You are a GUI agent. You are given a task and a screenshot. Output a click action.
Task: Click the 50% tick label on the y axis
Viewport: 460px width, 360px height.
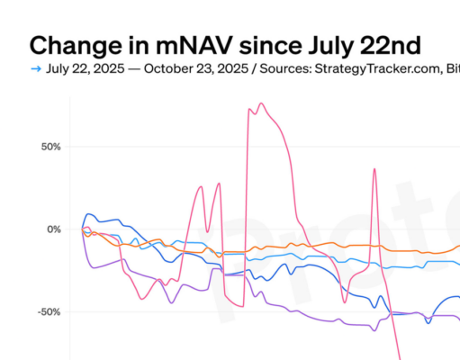coord(47,147)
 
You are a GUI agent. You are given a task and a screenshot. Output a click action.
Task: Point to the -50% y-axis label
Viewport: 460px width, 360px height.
coord(45,312)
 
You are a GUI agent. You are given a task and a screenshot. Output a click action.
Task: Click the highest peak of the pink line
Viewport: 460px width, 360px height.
coord(261,103)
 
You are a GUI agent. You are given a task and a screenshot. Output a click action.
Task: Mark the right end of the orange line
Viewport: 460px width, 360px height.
coord(457,249)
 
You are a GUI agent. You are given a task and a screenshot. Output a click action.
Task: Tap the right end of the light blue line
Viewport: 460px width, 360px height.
coord(457,264)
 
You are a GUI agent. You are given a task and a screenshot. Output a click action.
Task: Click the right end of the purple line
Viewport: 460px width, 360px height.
coord(457,319)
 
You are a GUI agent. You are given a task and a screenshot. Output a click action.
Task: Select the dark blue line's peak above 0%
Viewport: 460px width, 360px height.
coord(88,214)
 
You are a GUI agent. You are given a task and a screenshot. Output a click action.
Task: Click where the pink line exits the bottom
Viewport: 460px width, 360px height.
coord(399,357)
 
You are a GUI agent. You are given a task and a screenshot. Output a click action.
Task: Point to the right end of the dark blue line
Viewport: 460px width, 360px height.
coord(457,297)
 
